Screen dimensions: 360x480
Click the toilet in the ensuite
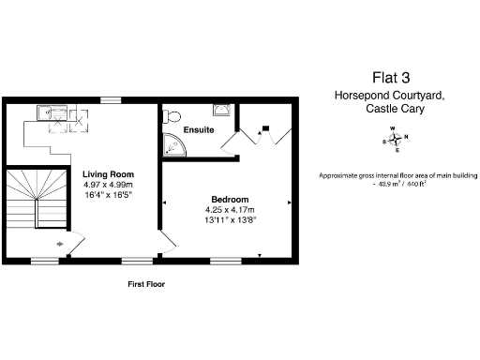(170, 116)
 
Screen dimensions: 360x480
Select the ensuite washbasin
(221, 110)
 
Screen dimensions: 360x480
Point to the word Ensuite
(199, 129)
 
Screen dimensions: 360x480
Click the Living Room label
(108, 174)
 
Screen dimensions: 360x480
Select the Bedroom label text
(229, 200)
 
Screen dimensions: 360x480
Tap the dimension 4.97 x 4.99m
(108, 185)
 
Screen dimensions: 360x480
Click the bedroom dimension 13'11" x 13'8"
(230, 219)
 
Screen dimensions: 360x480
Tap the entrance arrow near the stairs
(62, 246)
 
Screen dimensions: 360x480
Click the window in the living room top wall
(112, 99)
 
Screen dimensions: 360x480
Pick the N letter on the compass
(406, 137)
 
